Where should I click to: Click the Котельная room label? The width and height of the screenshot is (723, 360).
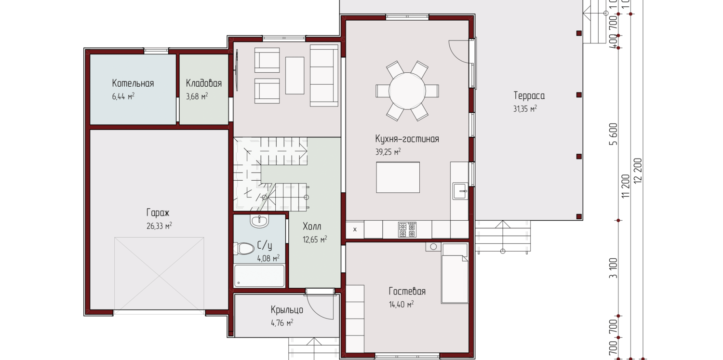[x=133, y=83]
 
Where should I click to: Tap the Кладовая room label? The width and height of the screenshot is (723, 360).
[x=204, y=83]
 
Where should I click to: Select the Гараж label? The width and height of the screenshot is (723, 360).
[x=158, y=213]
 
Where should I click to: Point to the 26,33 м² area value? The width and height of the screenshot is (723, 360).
[x=159, y=226]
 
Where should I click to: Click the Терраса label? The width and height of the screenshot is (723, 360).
[x=529, y=96]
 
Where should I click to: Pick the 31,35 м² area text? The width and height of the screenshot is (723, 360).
[x=525, y=109]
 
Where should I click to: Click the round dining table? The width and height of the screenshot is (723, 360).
[x=407, y=91]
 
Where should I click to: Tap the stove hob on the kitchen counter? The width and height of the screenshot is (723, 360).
[x=407, y=229]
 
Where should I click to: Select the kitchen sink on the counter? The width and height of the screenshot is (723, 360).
[x=460, y=191]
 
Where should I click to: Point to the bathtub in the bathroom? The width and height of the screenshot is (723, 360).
[x=259, y=276]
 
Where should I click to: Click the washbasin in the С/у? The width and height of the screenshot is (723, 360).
[x=259, y=221]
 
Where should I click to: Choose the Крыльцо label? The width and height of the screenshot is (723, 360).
[x=287, y=310]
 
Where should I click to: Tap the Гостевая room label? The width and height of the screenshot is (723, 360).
[x=407, y=291]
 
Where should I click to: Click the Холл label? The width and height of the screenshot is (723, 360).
[x=312, y=227]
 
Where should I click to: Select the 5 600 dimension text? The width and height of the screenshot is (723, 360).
[x=613, y=134]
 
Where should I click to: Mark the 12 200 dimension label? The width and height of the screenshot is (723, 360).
[x=638, y=171]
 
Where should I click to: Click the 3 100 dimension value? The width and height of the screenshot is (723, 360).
[x=613, y=268]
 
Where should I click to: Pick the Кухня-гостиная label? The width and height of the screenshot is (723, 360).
[x=407, y=139]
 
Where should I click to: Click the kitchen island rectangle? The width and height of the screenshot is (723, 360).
[x=398, y=177]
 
